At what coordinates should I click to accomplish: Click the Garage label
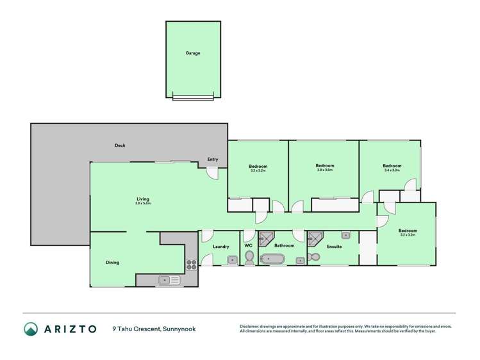193,53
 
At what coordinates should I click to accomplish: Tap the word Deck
120,145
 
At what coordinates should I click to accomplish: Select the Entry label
213,160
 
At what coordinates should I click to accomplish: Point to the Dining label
112,262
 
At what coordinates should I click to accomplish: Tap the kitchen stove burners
191,263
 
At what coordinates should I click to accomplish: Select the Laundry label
221,247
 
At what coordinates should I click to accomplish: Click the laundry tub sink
231,259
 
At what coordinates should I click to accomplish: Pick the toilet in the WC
249,258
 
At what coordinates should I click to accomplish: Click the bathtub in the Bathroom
273,259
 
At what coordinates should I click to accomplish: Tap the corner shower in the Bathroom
265,238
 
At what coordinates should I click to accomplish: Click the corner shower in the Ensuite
315,238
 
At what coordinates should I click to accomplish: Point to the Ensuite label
333,247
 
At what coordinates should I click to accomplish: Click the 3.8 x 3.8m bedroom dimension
325,170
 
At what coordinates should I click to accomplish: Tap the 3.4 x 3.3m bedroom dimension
392,170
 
